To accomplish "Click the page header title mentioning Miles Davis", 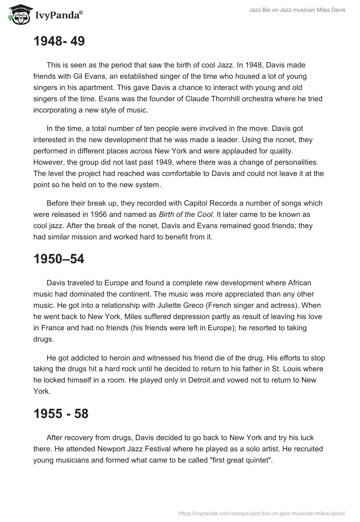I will coord(297,10).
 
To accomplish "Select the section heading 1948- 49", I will coord(59,41).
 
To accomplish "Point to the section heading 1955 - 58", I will coord(61,414).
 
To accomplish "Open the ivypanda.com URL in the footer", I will coord(262,512).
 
